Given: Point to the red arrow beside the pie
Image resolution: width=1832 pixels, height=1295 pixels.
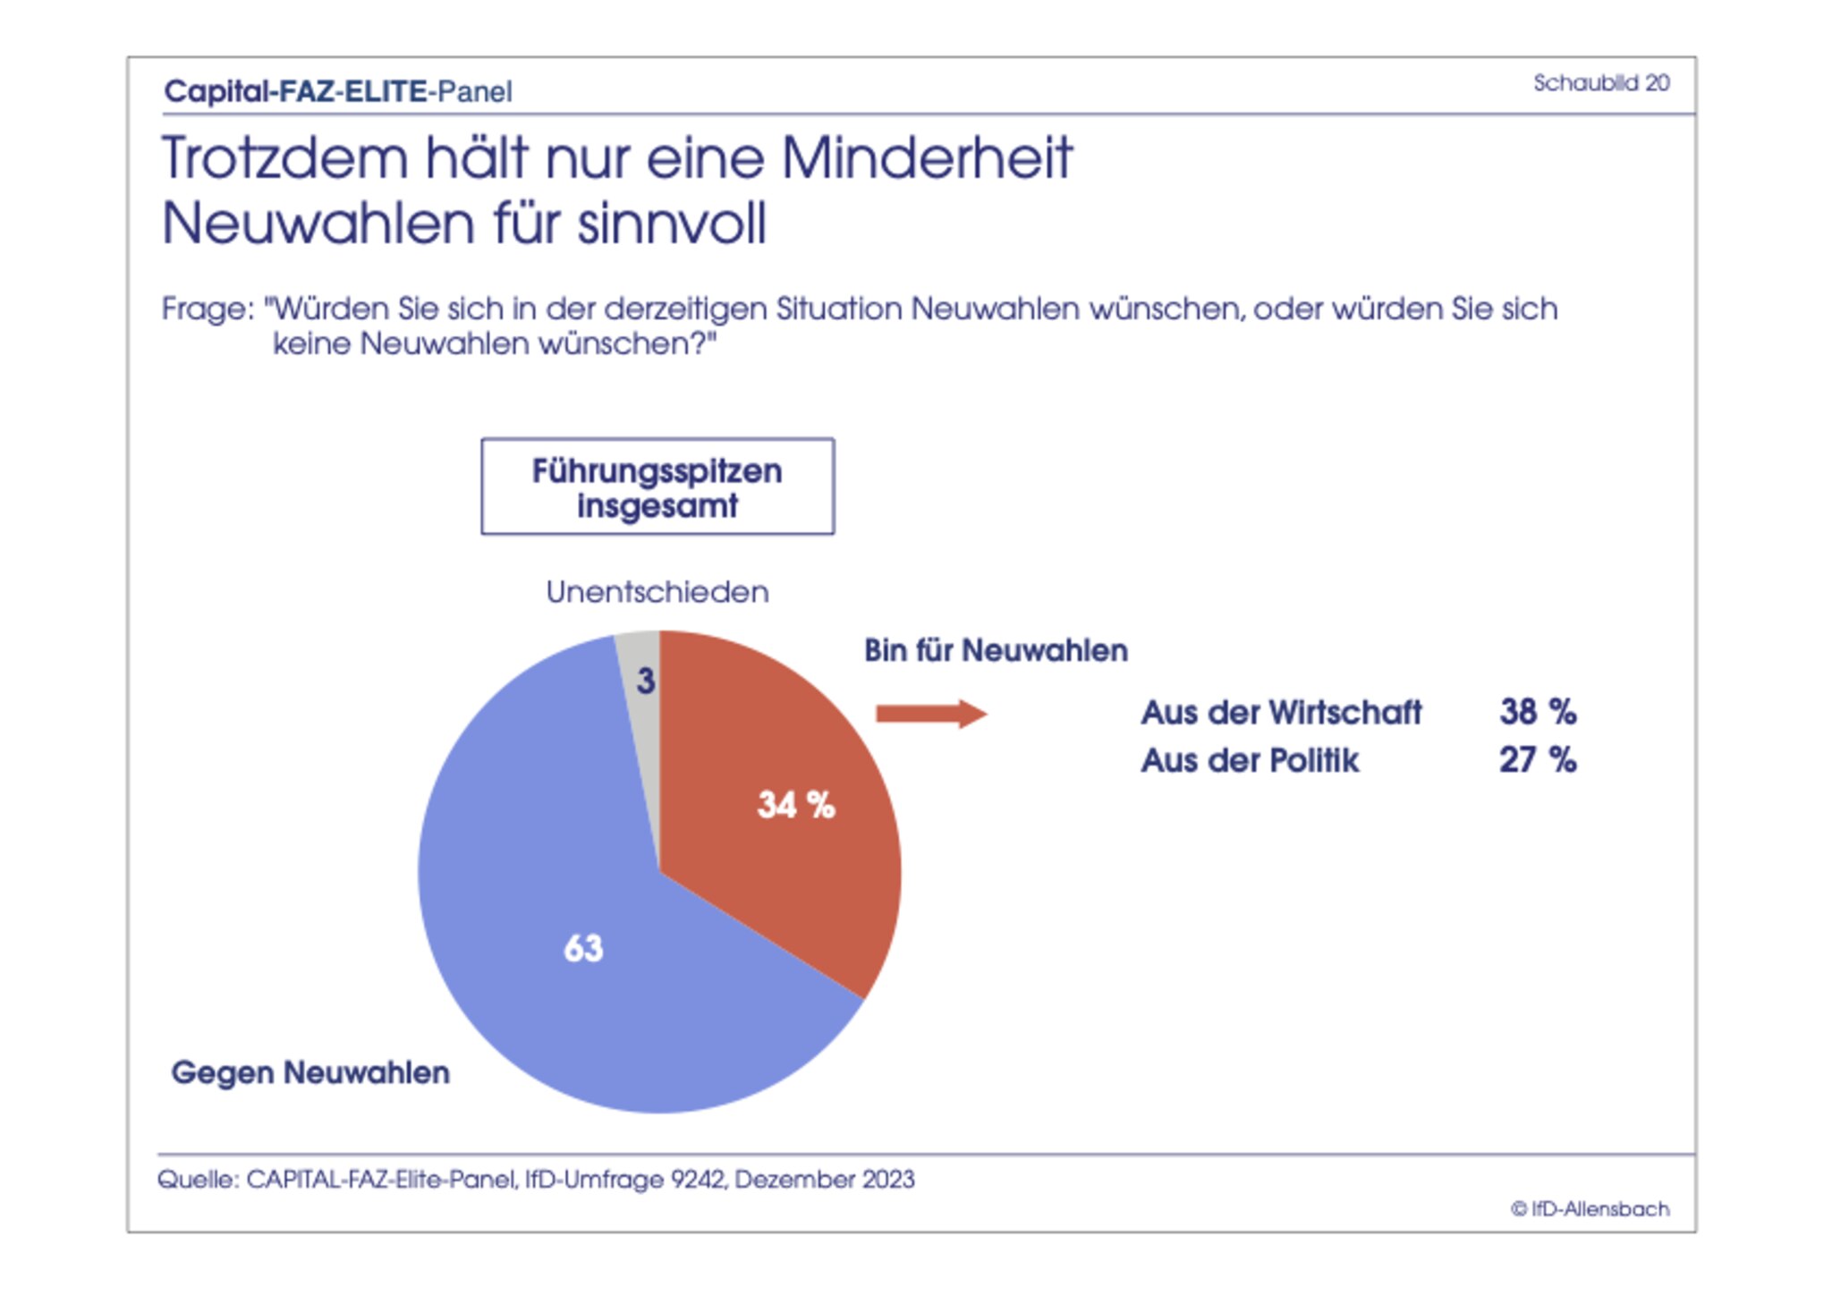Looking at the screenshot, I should coord(930,714).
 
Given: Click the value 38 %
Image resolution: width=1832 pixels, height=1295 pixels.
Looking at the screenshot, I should coord(1538,712).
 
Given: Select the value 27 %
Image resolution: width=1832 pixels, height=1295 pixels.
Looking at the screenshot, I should coord(1538,760).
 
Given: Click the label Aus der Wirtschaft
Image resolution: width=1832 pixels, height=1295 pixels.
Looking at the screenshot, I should coord(1281,713).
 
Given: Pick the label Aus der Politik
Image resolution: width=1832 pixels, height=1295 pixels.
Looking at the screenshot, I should coord(1250,761).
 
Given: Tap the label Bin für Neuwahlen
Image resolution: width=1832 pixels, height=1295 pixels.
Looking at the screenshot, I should coord(996,650).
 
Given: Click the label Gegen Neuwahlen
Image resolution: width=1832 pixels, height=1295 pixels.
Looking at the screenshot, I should coord(310,1072).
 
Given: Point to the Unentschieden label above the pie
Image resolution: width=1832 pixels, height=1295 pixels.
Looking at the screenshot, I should coord(657,592).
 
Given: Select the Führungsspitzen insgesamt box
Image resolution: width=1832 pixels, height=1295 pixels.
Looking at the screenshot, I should coord(657,487).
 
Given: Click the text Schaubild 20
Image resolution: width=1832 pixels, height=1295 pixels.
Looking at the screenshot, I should coord(1601,83).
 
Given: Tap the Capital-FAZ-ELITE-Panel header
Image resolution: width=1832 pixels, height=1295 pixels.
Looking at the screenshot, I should coord(338,91).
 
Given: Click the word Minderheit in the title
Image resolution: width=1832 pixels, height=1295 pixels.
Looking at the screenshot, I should coord(927,158).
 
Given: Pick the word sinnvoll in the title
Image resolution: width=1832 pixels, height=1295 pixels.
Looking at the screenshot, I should coord(672,223).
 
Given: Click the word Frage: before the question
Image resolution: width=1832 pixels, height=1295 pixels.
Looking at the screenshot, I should coord(208,309).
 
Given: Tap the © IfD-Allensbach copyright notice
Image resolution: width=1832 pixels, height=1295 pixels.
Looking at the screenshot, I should coord(1590,1209).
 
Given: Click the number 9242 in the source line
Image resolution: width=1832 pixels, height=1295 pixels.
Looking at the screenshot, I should coord(699,1180).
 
